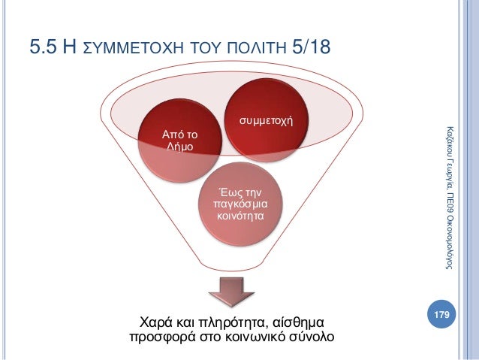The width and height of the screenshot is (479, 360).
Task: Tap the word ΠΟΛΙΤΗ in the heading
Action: pyautogui.click(x=250, y=50)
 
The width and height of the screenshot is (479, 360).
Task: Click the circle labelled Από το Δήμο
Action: pyautogui.click(x=179, y=140)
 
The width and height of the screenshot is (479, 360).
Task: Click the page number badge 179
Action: pyautogui.click(x=443, y=312)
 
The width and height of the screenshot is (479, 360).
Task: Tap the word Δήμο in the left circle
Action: pyautogui.click(x=179, y=146)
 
